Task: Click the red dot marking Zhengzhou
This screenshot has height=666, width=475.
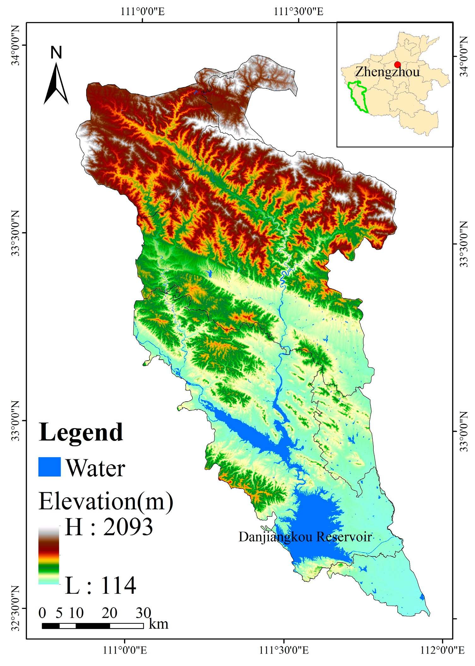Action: click(x=397, y=65)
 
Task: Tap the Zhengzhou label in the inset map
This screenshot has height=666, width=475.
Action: click(x=387, y=72)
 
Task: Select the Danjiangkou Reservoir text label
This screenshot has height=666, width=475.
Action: click(x=305, y=537)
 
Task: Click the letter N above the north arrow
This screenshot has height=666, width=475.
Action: click(x=56, y=52)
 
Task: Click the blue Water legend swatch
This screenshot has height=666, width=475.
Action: click(x=50, y=467)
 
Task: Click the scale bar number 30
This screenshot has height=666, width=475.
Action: click(x=143, y=613)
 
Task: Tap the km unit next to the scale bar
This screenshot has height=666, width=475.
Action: click(x=158, y=624)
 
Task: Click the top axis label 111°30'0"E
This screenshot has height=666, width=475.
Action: click(x=298, y=12)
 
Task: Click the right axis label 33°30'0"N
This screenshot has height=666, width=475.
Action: click(x=463, y=244)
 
